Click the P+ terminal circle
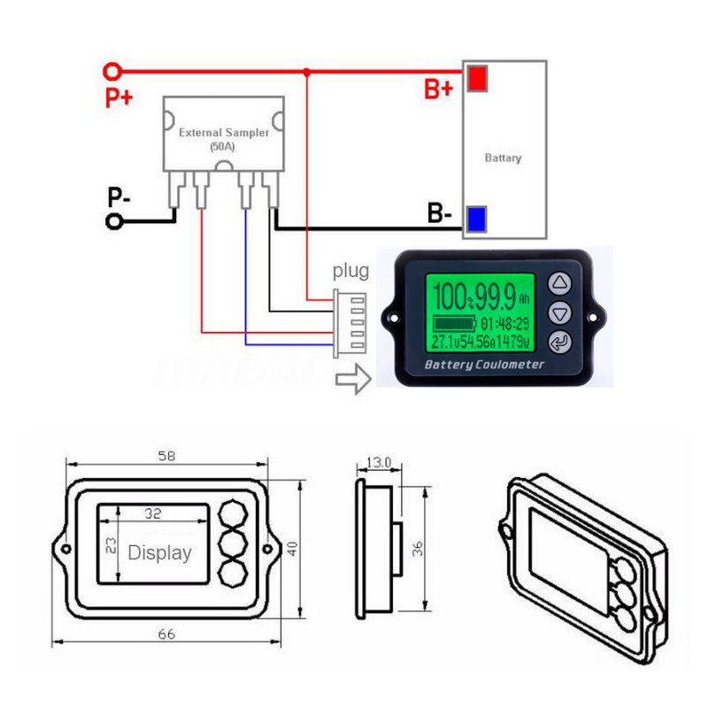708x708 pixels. (112, 71)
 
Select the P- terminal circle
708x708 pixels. (113, 221)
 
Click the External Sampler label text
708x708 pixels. (223, 133)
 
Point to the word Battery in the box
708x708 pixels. (503, 158)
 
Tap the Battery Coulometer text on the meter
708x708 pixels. (485, 365)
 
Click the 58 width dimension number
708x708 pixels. (166, 457)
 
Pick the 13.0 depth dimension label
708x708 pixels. (377, 462)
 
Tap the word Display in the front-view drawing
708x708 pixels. (160, 553)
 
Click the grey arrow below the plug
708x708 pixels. (353, 380)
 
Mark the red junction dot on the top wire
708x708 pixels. (306, 71)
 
